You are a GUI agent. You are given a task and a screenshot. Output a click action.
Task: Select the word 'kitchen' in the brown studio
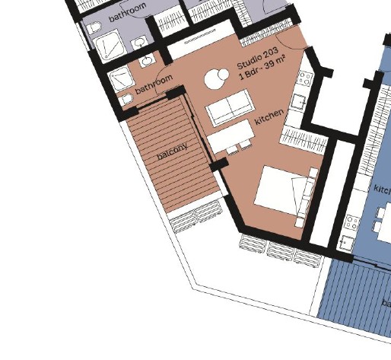269,116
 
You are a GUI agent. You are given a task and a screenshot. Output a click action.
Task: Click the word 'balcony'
172,149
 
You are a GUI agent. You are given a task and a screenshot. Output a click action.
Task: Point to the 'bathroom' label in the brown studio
154,84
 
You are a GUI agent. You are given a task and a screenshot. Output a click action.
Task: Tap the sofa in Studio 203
230,110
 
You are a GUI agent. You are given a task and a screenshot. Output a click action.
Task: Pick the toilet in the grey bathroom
94,29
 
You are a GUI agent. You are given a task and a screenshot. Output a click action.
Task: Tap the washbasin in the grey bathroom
142,43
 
